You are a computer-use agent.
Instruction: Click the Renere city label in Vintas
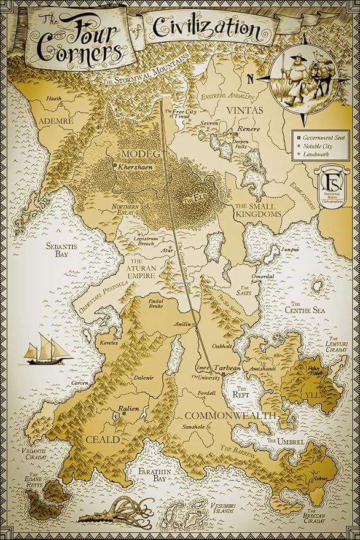click(249, 130)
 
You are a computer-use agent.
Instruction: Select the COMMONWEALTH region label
click(231, 415)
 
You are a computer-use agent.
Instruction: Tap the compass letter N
click(250, 79)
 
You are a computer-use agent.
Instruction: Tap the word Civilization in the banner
click(202, 28)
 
